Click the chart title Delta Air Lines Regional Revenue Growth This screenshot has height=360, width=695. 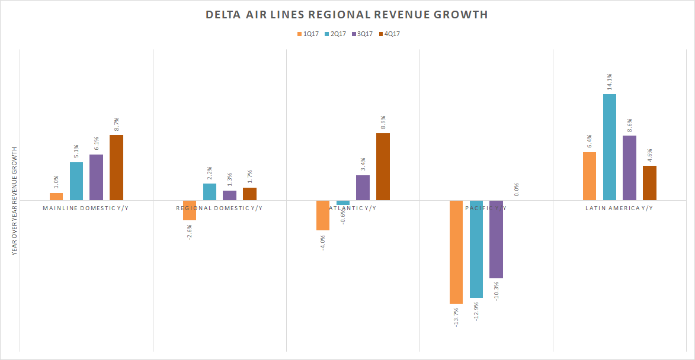(347, 15)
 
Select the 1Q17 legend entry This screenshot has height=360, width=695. (308, 34)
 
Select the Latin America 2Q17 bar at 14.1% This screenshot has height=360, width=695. (610, 147)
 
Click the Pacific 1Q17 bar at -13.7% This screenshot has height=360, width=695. (456, 252)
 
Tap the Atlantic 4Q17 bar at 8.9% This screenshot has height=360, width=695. (383, 167)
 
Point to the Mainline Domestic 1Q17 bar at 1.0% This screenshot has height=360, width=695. (56, 197)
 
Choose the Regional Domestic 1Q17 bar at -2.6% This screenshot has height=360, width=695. (190, 210)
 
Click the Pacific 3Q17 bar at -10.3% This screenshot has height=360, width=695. (496, 239)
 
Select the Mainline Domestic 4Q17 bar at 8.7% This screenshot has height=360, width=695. (116, 168)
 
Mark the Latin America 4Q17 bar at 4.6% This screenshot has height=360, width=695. (649, 183)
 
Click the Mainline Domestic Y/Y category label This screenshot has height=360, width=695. (86, 208)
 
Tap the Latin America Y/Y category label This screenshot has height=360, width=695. (619, 208)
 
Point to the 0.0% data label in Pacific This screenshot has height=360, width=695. (517, 189)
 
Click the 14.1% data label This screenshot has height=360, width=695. (609, 81)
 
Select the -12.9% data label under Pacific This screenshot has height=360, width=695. (476, 311)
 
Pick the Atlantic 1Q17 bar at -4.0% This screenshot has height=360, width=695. (323, 215)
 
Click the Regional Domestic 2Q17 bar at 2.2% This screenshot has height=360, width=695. (210, 192)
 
